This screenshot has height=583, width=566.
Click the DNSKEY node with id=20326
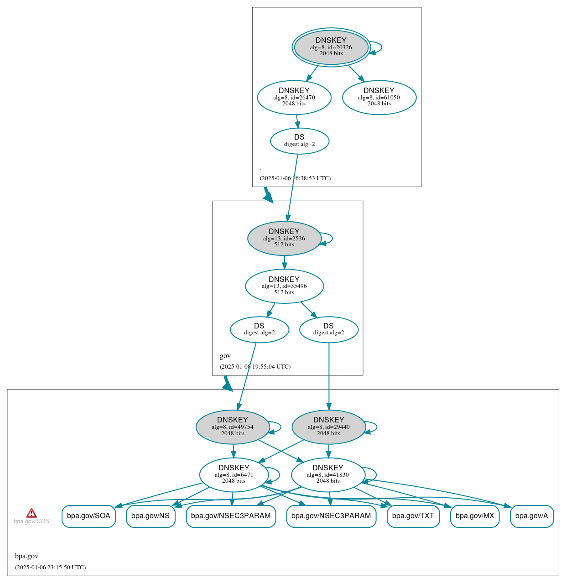pos(331,47)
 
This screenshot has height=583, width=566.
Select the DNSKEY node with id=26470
pos(294,97)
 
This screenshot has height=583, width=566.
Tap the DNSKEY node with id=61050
pos(379,97)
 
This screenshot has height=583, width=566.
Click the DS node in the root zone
pos(299,141)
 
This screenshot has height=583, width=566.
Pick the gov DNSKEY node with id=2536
pos(284,238)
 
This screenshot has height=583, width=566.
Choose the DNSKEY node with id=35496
pos(284,286)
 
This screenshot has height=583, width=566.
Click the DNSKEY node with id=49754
pos(233,427)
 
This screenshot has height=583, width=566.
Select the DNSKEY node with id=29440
pos(328,427)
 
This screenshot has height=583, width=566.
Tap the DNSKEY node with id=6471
pos(234,475)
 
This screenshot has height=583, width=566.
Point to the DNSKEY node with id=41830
pos(327,475)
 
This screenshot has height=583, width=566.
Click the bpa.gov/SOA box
pos(88,516)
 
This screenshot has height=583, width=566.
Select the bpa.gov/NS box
pos(150,516)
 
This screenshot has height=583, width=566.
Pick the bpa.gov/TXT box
pos(413,516)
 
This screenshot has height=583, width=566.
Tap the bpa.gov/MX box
pos(474,516)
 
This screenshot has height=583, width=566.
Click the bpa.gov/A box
pos(531,516)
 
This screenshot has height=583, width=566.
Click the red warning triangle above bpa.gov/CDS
pos(31,513)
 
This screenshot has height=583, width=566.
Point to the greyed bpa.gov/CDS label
pos(31,521)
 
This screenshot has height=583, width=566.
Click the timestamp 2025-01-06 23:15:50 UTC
pos(50,567)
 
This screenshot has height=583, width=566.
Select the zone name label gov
pos(225,356)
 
